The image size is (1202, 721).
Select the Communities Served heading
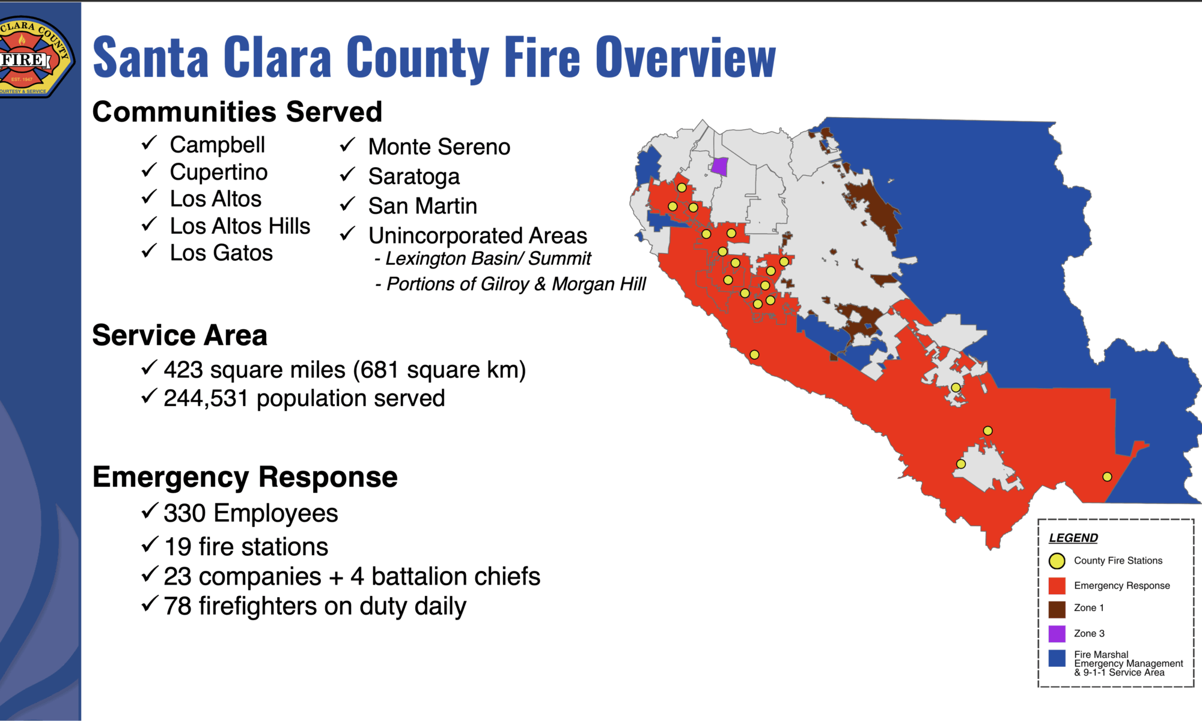point(237,112)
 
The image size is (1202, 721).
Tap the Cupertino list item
point(218,172)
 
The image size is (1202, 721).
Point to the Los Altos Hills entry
point(240,226)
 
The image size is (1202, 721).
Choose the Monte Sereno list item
point(439,147)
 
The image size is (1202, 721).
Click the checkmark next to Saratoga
point(348,174)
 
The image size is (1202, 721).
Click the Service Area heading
point(180,335)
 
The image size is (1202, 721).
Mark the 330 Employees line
point(251,514)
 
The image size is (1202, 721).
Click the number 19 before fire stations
point(177,547)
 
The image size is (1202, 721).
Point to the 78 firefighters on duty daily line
point(315,606)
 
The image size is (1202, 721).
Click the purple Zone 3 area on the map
point(719,166)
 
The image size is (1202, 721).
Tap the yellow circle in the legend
point(1057,561)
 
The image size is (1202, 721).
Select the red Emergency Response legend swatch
point(1057,586)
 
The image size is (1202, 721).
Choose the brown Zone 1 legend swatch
point(1057,609)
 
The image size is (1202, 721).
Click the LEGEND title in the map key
point(1073,538)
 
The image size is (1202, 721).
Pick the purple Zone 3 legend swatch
point(1057,634)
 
